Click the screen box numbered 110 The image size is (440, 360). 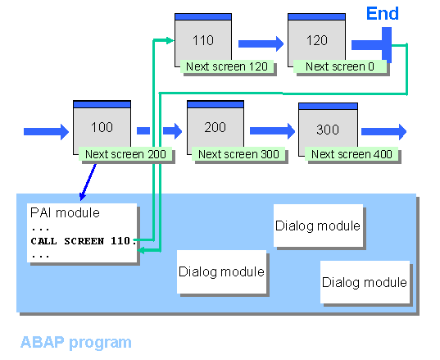[203, 40]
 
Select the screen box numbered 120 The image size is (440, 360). [316, 40]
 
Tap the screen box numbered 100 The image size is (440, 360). [102, 126]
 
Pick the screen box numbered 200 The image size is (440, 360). [215, 126]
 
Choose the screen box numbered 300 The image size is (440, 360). [327, 129]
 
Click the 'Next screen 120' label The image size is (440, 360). [225, 66]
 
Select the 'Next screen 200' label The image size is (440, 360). [126, 154]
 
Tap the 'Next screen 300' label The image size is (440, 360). [238, 154]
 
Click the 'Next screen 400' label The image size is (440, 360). [351, 154]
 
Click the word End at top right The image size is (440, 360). [383, 14]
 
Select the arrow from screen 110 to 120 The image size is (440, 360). [261, 43]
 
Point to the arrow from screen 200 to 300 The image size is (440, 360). [272, 130]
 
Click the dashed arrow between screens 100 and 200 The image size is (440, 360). [159, 130]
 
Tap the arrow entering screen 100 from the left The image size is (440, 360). [47, 130]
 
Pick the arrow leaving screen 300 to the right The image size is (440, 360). [383, 130]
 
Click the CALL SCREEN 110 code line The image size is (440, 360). [83, 241]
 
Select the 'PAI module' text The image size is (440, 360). [64, 213]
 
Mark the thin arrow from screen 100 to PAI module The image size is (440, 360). [88, 181]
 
